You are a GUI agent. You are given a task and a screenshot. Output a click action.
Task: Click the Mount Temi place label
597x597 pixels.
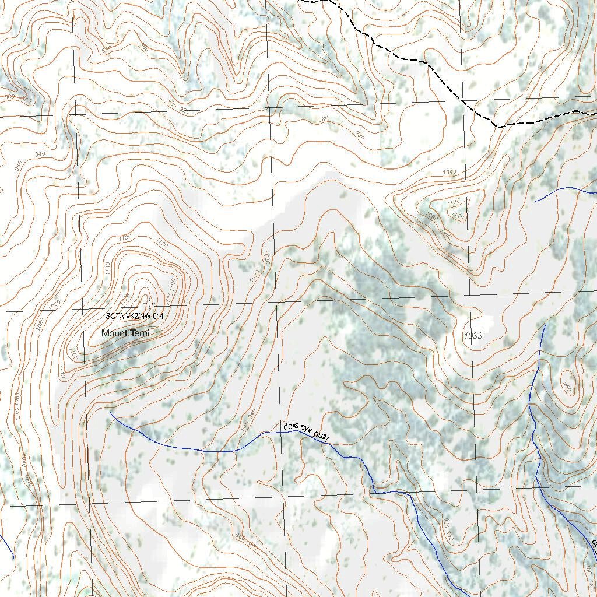[x=125, y=333]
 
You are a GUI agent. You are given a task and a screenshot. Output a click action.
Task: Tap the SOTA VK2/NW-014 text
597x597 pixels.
[x=134, y=316]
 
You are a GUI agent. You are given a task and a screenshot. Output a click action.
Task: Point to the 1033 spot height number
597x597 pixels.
[x=473, y=336]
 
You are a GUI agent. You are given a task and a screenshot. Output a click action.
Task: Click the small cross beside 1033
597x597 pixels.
[x=483, y=332]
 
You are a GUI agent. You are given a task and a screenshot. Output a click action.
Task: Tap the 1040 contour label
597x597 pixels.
[x=449, y=173]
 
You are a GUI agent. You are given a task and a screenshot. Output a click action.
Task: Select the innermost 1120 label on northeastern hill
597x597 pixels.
[x=458, y=216]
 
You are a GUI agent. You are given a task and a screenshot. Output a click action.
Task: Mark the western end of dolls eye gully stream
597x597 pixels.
[x=111, y=413]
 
